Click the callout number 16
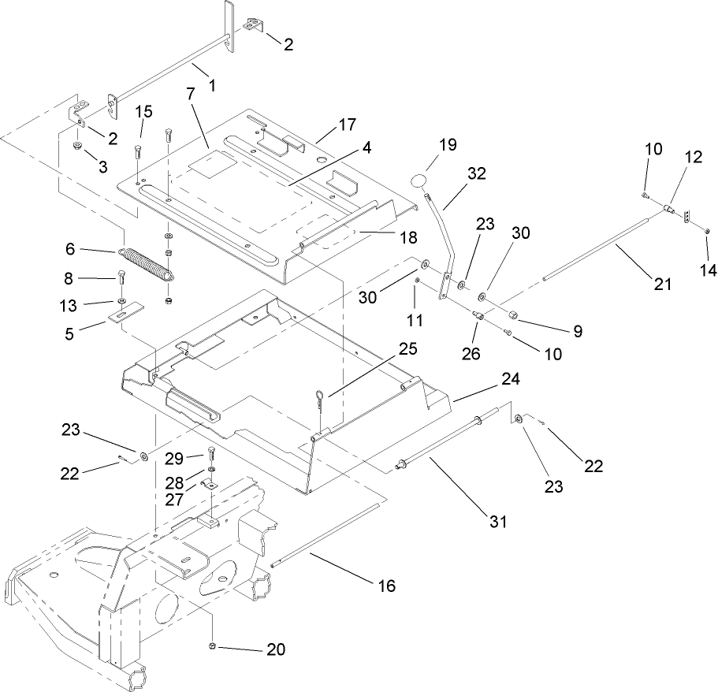386,586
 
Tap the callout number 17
348,125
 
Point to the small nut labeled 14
707,231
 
